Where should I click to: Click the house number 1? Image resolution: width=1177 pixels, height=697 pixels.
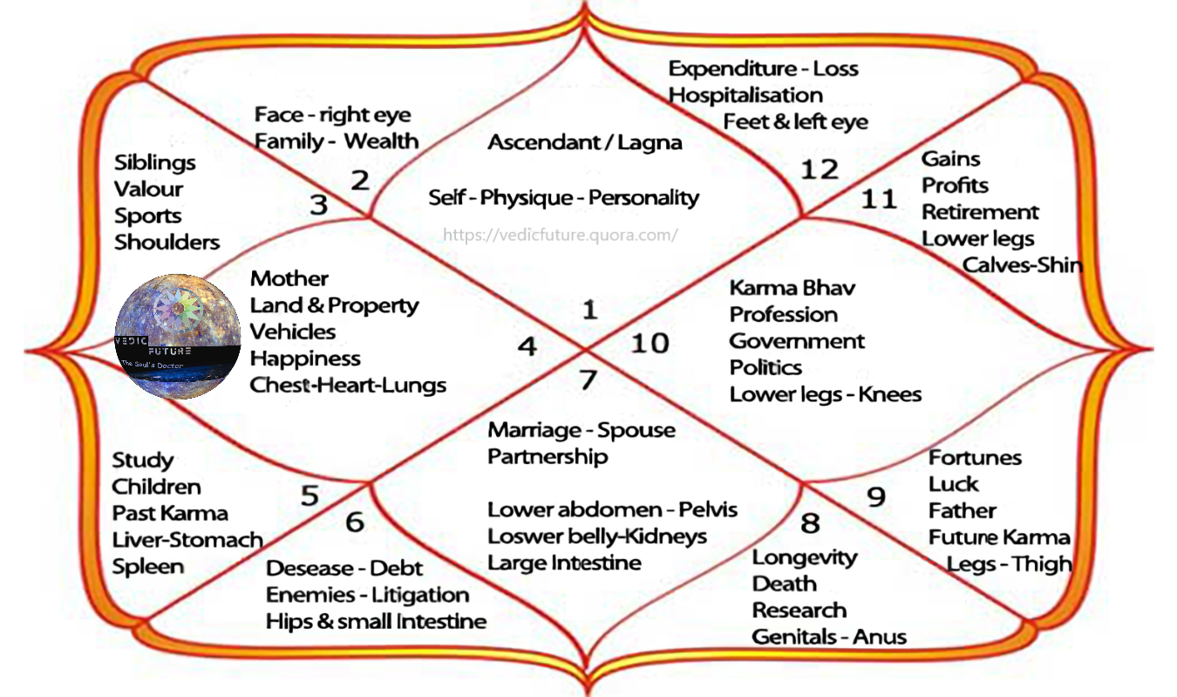(590, 310)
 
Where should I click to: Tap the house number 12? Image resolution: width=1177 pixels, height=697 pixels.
(819, 169)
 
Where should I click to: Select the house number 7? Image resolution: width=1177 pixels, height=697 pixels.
(588, 380)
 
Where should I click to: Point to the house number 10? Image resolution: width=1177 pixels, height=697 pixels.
(650, 343)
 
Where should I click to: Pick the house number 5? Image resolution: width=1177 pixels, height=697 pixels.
(310, 495)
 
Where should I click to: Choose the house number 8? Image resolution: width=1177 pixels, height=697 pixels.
(810, 523)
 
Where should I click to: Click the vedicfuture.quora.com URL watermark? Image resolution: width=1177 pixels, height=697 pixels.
(560, 235)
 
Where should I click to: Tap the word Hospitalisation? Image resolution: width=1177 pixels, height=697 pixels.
(745, 95)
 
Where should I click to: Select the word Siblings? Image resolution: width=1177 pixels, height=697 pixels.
(155, 163)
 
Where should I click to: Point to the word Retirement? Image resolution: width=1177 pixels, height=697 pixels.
(980, 212)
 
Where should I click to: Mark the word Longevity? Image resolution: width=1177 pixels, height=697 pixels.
(805, 557)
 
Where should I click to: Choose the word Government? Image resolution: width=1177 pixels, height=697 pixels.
(797, 341)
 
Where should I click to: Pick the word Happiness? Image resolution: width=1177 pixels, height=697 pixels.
(305, 359)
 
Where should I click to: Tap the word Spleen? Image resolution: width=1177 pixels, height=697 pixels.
(148, 566)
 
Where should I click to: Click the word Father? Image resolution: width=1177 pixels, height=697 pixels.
(962, 510)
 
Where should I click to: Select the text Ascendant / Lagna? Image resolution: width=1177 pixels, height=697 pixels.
(584, 142)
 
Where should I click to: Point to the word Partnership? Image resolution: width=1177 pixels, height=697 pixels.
(548, 456)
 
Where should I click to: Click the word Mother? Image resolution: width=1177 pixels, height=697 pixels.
(289, 279)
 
